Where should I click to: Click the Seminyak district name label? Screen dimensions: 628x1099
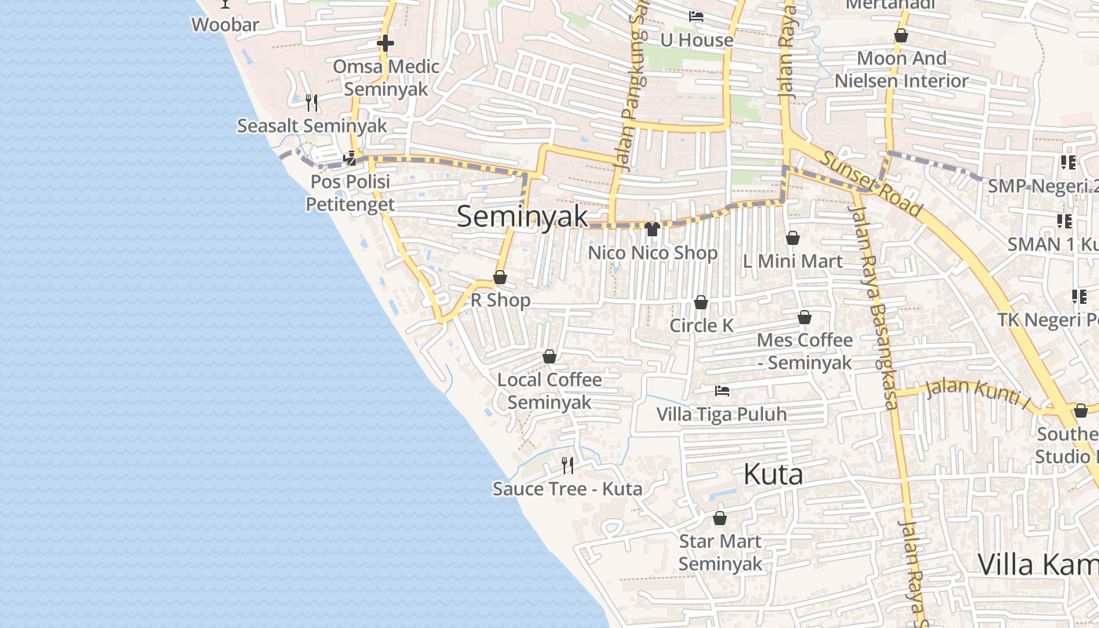coord(522,216)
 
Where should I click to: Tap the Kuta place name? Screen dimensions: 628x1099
coord(772,474)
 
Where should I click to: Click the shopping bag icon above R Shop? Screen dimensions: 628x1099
coord(500,277)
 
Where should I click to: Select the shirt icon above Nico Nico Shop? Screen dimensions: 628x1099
coord(652,229)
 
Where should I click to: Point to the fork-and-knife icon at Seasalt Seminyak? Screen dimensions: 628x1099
coord(312,102)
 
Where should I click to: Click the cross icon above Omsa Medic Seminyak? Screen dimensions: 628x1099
coord(385,43)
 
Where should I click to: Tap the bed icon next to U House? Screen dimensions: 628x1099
coord(696,16)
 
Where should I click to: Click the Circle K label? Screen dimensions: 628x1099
coord(701,325)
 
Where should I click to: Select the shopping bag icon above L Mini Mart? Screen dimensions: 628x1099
coord(793,238)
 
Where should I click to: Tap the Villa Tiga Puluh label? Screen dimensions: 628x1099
coord(721,414)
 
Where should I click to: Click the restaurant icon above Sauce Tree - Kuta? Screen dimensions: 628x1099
coord(568,466)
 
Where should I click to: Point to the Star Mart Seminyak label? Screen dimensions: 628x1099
coord(720,552)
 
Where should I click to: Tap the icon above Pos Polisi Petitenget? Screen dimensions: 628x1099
coord(349,159)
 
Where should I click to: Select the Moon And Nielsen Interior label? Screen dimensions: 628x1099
coord(901,69)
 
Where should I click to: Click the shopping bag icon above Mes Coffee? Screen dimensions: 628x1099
coord(805,317)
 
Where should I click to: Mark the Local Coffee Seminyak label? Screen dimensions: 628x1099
coord(549,390)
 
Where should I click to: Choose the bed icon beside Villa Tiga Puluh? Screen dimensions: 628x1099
coord(721,390)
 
